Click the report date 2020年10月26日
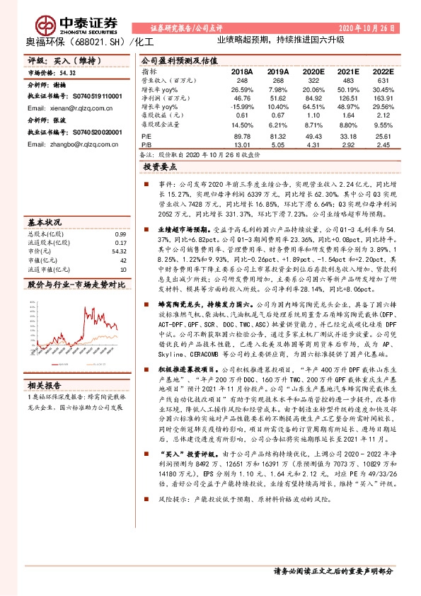click(367, 26)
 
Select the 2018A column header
click(241, 72)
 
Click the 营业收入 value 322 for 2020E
click(301, 81)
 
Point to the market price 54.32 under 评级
click(68, 73)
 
